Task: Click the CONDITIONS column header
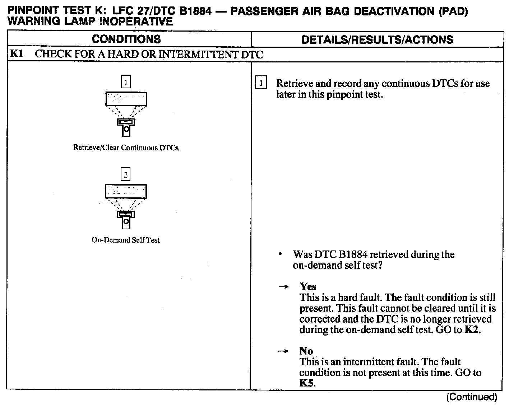click(x=126, y=39)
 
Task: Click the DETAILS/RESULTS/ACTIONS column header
click(x=377, y=39)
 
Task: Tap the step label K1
click(x=17, y=54)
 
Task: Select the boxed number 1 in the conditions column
click(x=126, y=82)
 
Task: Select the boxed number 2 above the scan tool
click(x=126, y=175)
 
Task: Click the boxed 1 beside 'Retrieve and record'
click(x=261, y=84)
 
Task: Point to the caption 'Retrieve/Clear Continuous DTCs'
click(x=126, y=148)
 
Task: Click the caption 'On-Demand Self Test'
click(x=126, y=240)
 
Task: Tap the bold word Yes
click(x=308, y=287)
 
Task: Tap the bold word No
click(x=306, y=351)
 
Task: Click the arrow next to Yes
click(x=284, y=287)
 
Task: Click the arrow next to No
click(x=284, y=351)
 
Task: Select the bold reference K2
click(x=472, y=330)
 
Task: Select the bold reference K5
click(x=306, y=383)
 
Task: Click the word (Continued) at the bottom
click(x=471, y=397)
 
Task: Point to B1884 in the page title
click(x=195, y=11)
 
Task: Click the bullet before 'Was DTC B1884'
click(x=280, y=254)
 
